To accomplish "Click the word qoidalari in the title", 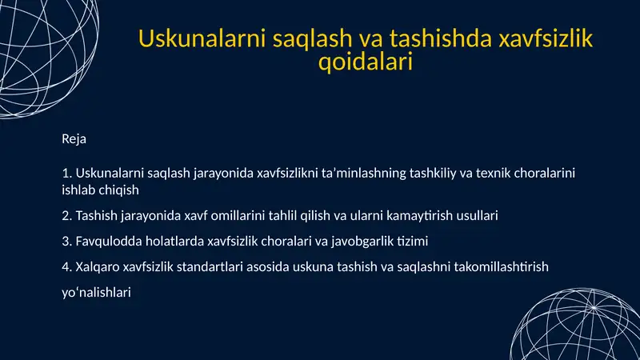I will (366, 62).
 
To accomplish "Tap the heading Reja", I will (74, 139).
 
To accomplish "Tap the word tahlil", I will (293, 215).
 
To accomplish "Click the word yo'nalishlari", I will (96, 293).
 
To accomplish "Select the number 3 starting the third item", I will (65, 240).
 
